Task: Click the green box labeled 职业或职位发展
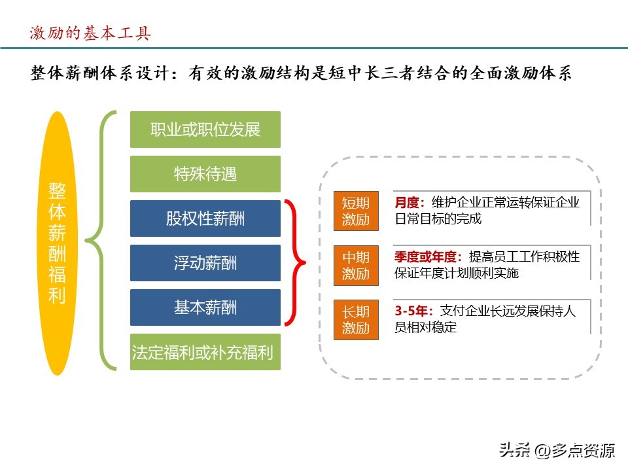click(x=205, y=130)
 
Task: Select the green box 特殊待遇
click(x=205, y=174)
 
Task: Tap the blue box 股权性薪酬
click(x=205, y=218)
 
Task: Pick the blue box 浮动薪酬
click(x=205, y=263)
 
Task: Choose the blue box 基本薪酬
click(x=205, y=307)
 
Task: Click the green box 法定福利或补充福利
click(x=205, y=352)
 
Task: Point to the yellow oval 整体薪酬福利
click(x=58, y=243)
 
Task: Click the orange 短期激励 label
click(x=356, y=211)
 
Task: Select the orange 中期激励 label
click(x=356, y=266)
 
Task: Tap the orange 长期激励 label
click(x=356, y=320)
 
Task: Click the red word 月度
click(x=409, y=203)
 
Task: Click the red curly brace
click(x=296, y=263)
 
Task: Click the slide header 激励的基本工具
click(x=90, y=33)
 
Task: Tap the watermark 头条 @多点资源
click(x=557, y=450)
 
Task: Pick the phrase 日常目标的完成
click(x=438, y=218)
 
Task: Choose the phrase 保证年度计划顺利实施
click(x=456, y=273)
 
